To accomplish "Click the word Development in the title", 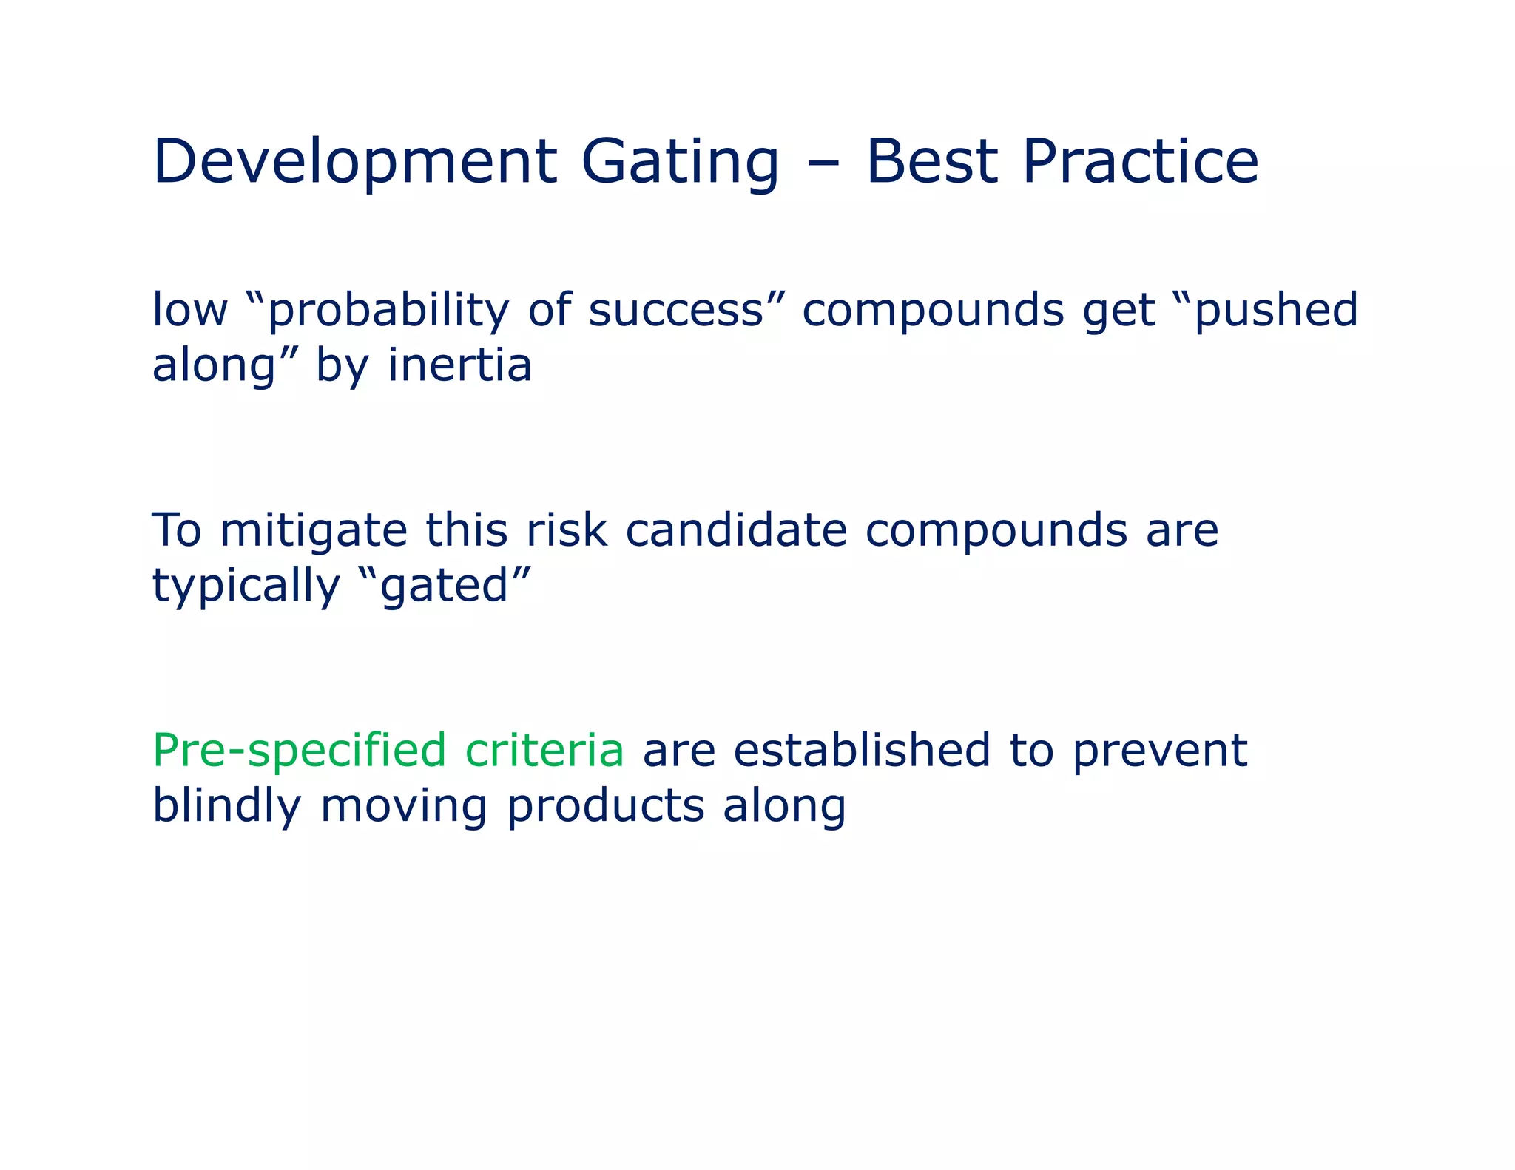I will (x=354, y=162).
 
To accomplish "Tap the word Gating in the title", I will (x=680, y=162).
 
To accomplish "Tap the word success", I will (x=676, y=310).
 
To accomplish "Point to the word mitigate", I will (x=314, y=530).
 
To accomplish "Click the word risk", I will (x=566, y=530).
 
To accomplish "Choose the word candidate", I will (x=736, y=530).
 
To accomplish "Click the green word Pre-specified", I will (x=299, y=751).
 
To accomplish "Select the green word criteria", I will (x=544, y=751).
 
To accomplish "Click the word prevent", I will (x=1160, y=751).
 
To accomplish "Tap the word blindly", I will (x=226, y=805).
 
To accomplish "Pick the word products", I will (x=605, y=805).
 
